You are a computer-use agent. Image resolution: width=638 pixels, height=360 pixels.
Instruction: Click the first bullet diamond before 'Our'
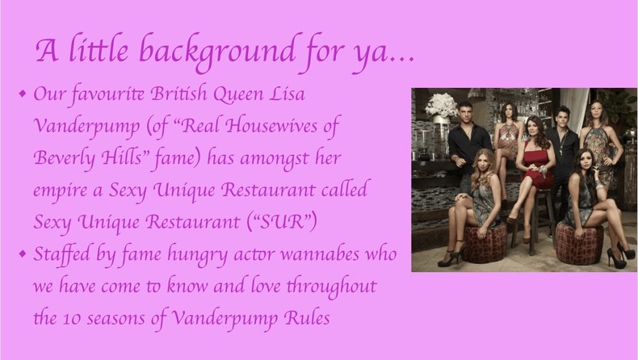[23, 94]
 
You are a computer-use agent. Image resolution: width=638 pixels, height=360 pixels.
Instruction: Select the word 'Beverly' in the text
[65, 157]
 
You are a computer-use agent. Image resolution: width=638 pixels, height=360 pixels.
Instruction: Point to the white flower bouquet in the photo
[441, 105]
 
